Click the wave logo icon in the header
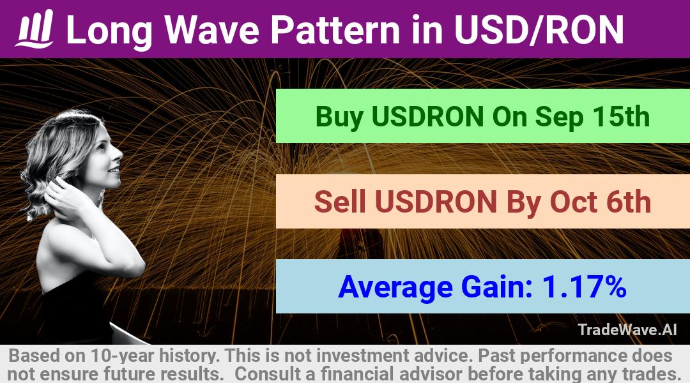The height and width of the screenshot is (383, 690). [x=34, y=29]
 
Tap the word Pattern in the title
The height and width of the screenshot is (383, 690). [x=335, y=30]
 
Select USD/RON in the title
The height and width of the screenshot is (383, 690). [x=539, y=30]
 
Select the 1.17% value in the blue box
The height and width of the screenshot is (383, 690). [x=584, y=286]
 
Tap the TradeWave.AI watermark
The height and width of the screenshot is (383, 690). [x=627, y=329]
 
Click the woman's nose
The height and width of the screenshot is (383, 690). [x=119, y=154]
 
